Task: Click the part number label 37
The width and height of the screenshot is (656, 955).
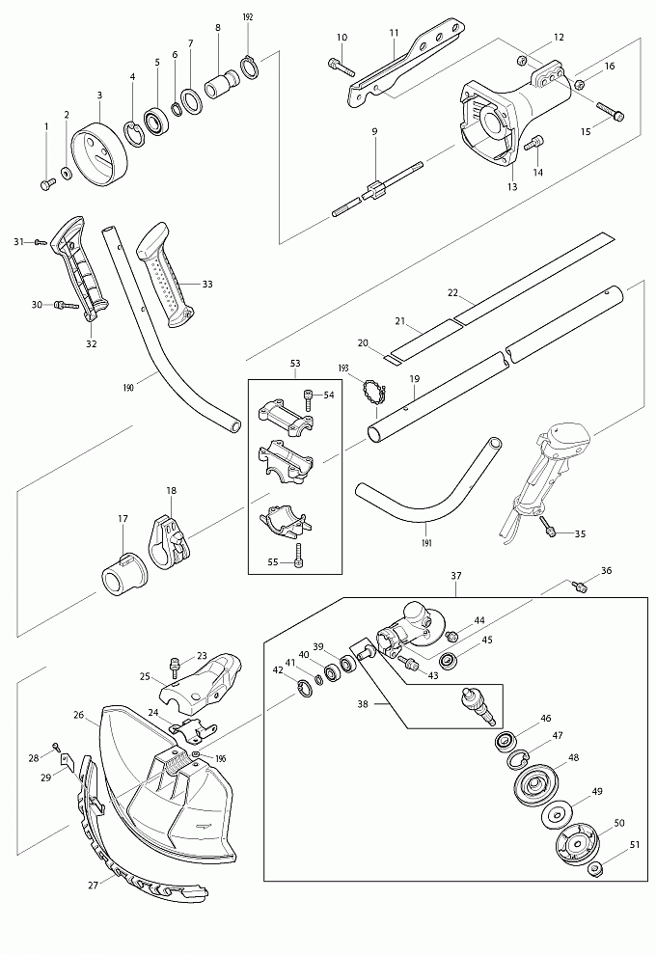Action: click(456, 576)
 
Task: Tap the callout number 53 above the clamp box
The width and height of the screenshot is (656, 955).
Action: click(295, 364)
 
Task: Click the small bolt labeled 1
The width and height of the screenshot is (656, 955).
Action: click(47, 184)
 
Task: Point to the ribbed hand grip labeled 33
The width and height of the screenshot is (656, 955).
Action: click(165, 274)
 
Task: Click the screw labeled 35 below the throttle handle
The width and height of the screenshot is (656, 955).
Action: click(550, 527)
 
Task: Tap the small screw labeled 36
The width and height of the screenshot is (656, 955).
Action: click(581, 587)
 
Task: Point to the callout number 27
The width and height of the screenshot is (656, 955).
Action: click(93, 885)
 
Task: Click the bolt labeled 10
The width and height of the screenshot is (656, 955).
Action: click(342, 67)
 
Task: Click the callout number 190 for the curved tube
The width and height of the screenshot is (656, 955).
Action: click(128, 388)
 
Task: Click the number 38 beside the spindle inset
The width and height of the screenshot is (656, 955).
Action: click(363, 704)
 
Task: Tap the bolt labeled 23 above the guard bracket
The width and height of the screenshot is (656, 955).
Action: click(176, 668)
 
